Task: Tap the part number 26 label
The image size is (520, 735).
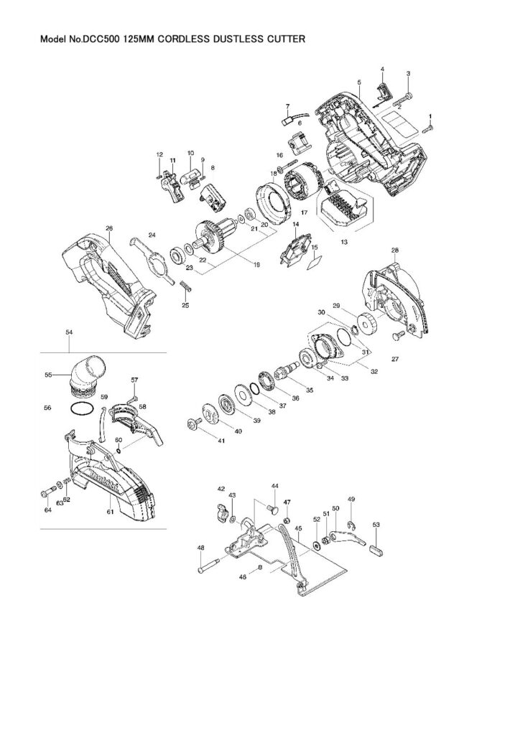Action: click(109, 228)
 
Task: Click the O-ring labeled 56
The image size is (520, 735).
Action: click(81, 410)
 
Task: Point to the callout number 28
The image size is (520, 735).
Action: click(394, 250)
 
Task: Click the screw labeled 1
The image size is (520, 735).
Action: click(429, 128)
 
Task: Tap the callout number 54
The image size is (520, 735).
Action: click(69, 333)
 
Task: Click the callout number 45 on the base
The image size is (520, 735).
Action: click(297, 528)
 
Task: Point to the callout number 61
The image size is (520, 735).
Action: click(110, 512)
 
